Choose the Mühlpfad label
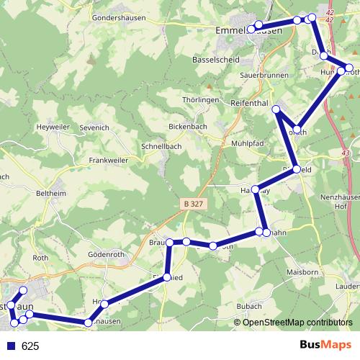coord(248,143)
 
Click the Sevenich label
coord(94,127)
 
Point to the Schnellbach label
coord(162,145)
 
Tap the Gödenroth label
coord(106,254)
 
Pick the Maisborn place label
coord(302,272)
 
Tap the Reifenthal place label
coord(250,103)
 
